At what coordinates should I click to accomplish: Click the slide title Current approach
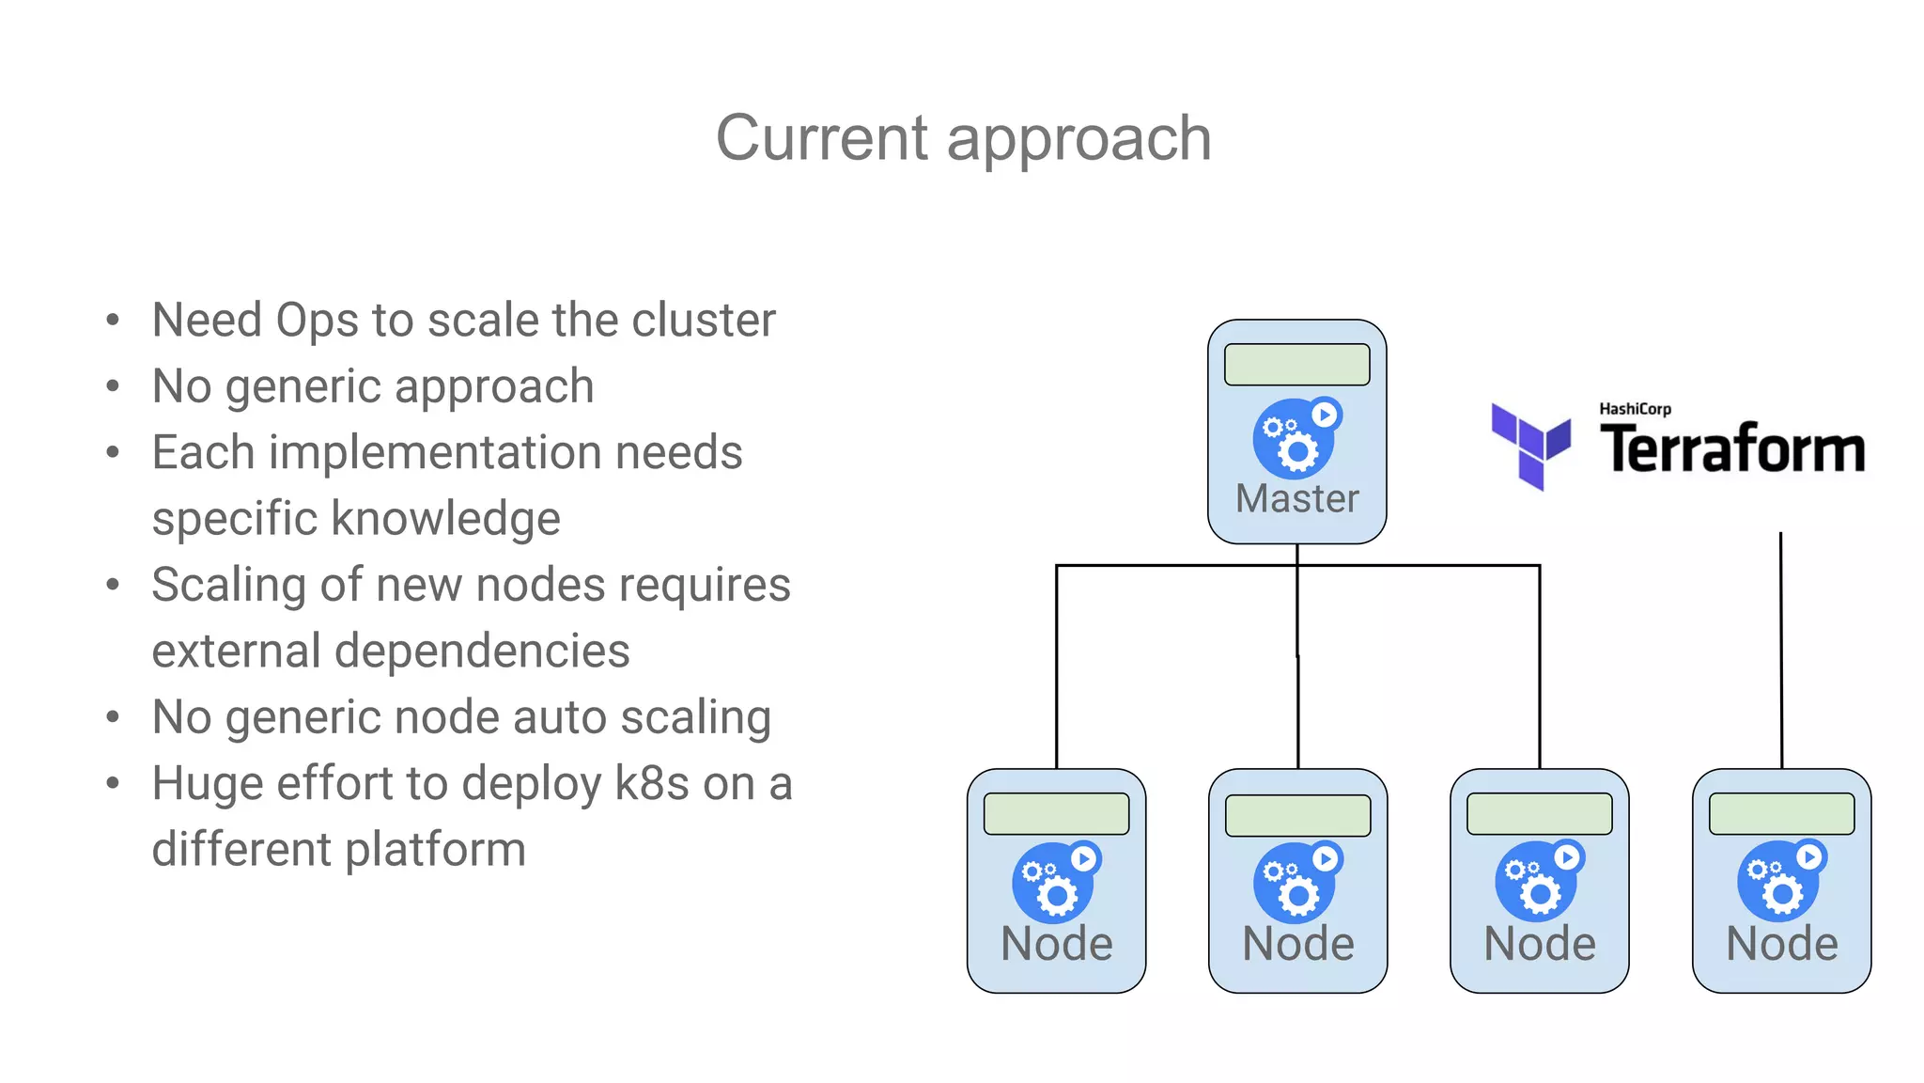963,138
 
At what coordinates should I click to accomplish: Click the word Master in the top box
1296,498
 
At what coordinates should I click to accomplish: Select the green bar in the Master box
1296,365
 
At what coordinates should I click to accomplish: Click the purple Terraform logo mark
1530,446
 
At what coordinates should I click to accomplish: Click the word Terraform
1732,448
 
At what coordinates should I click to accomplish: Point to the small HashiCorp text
1635,409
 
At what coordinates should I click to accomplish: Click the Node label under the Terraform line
1781,943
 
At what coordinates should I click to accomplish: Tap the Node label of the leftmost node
1056,943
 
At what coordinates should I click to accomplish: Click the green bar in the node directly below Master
1297,815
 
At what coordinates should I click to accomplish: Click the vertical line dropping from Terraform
1780,649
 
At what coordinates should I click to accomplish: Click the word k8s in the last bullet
651,783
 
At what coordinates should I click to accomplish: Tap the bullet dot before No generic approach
113,386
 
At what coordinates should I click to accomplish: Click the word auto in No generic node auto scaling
560,717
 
